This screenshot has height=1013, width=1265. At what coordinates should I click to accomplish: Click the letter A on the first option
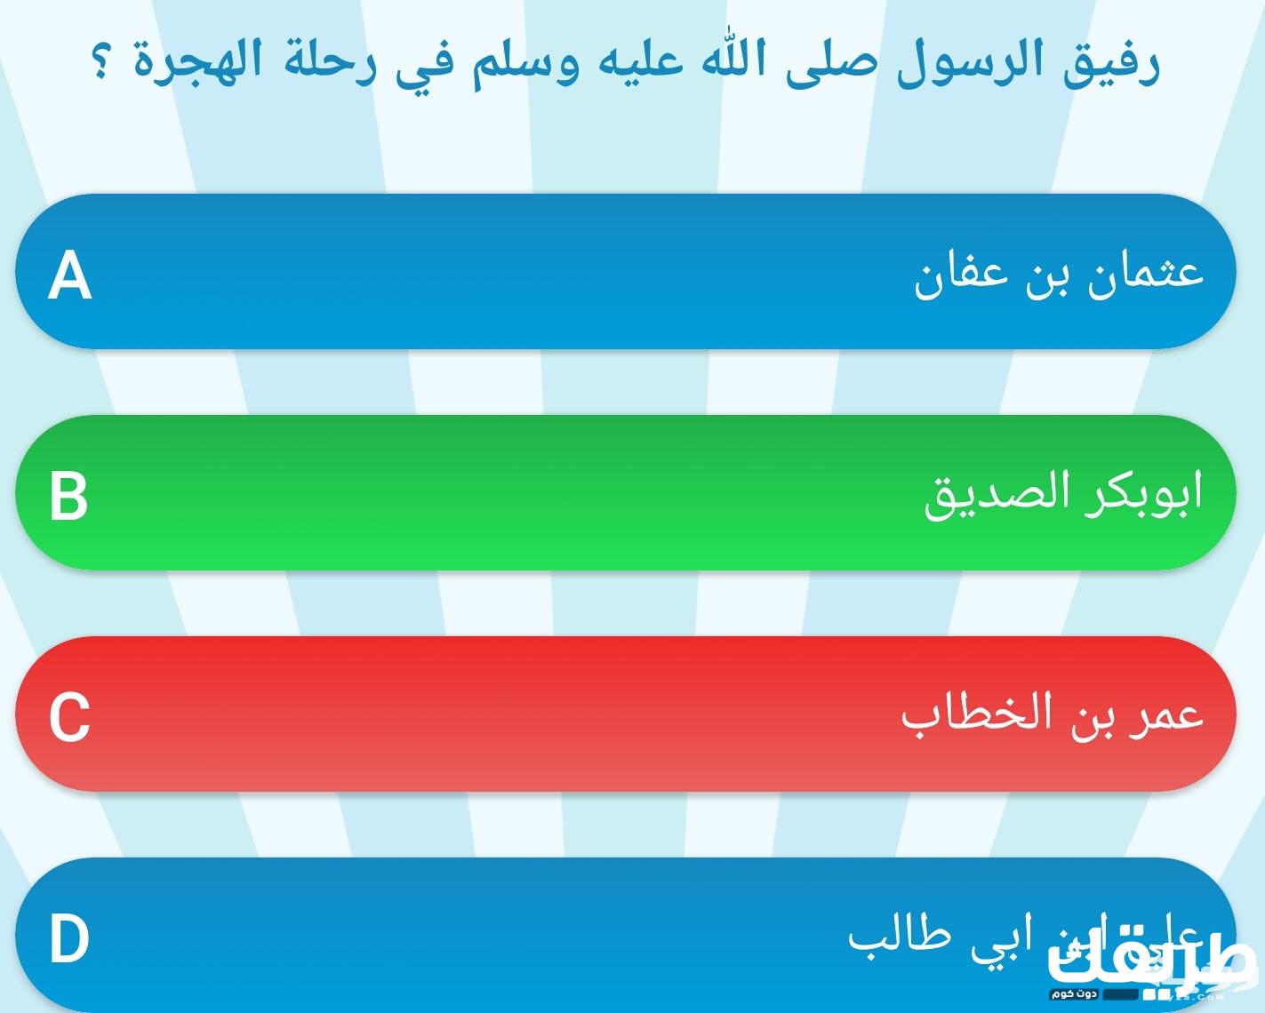click(69, 275)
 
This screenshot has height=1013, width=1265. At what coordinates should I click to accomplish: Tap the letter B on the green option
click(68, 495)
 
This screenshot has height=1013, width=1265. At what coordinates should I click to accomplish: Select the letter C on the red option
click(69, 716)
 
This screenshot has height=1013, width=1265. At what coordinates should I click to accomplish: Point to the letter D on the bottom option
click(69, 939)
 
